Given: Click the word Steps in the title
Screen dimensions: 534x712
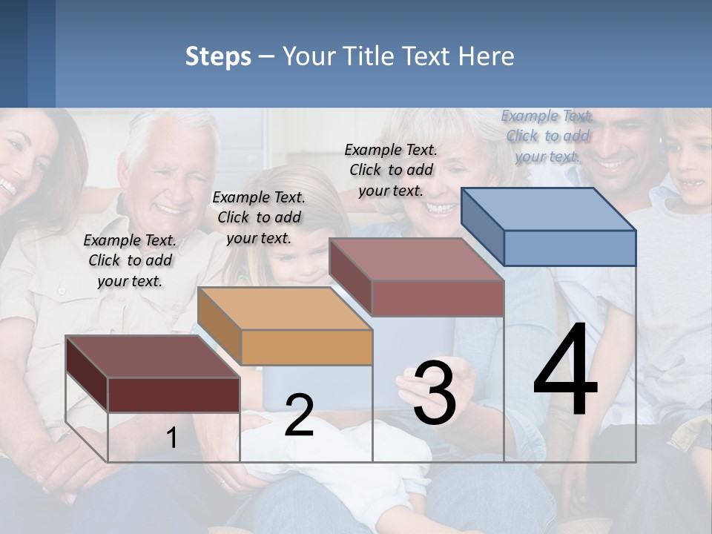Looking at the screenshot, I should pyautogui.click(x=218, y=56).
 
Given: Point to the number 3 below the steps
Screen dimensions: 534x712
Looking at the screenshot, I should pyautogui.click(x=435, y=393).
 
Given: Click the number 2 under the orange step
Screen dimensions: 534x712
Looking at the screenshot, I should pyautogui.click(x=299, y=415).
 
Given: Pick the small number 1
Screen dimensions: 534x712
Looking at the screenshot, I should pyautogui.click(x=171, y=438).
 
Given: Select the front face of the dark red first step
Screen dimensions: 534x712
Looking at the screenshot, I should pyautogui.click(x=174, y=395).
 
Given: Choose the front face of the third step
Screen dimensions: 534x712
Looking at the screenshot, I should pyautogui.click(x=438, y=299).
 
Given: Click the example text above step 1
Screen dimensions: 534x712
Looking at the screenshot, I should pyautogui.click(x=130, y=260).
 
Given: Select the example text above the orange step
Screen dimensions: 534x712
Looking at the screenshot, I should pyautogui.click(x=259, y=217).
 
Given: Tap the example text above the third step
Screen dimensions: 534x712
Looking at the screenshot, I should pyautogui.click(x=391, y=170).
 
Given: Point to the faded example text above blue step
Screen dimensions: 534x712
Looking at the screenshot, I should pyautogui.click(x=547, y=136).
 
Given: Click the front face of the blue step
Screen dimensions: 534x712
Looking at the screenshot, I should pyautogui.click(x=570, y=248).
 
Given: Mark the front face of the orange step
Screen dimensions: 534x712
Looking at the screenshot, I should pyautogui.click(x=306, y=347).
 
